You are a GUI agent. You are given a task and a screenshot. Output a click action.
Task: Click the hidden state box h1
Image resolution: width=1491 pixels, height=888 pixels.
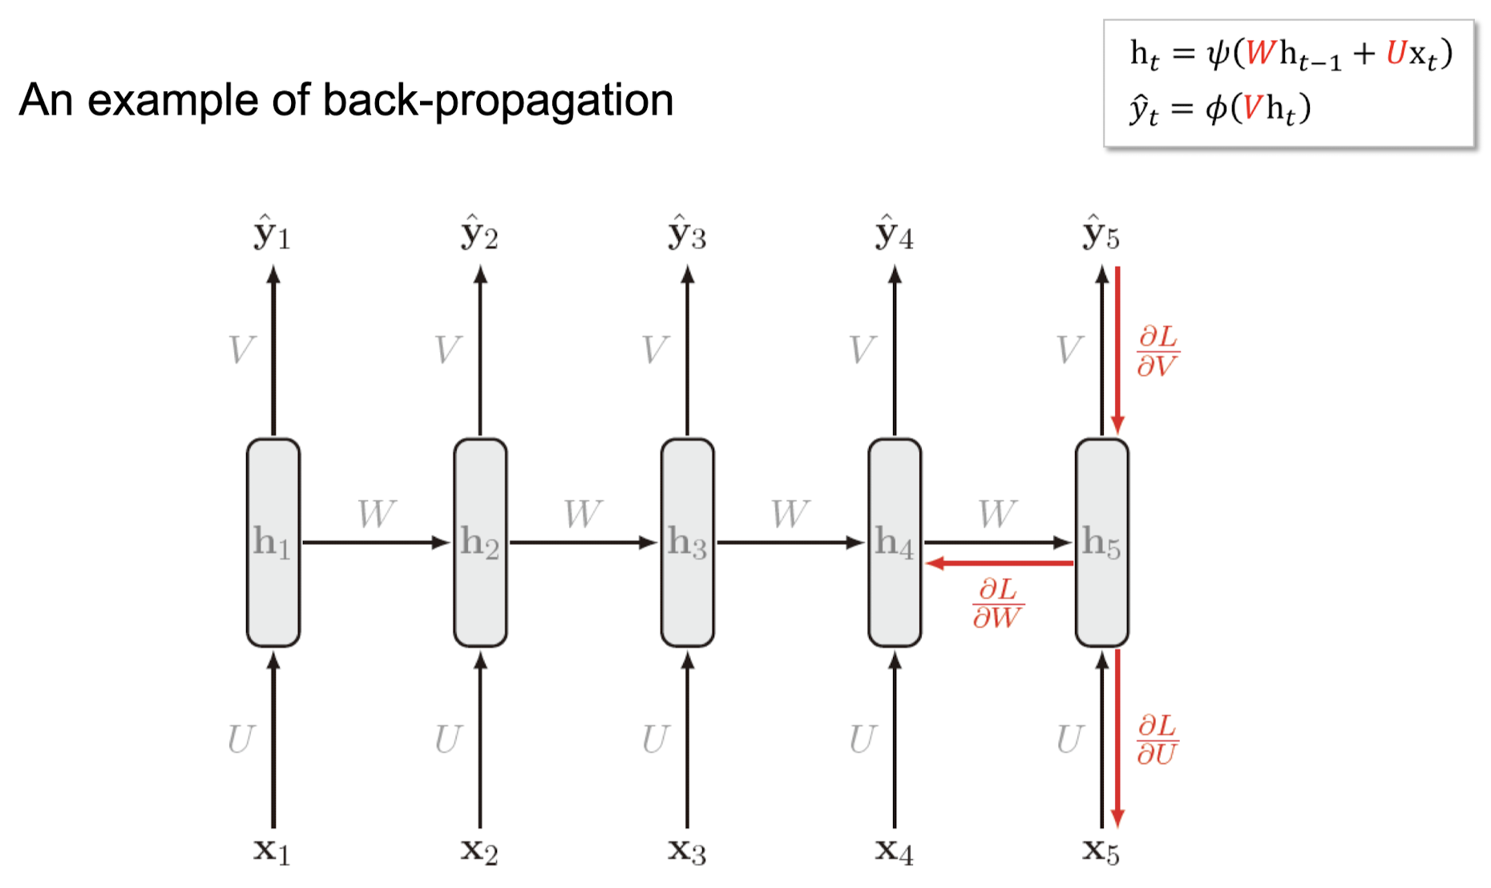(273, 542)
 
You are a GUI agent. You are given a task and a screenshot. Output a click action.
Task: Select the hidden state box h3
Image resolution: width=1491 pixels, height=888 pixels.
(687, 542)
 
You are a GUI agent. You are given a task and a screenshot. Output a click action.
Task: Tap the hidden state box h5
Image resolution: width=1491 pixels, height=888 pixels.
(1101, 542)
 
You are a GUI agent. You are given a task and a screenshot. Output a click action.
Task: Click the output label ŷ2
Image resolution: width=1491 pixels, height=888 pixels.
(479, 233)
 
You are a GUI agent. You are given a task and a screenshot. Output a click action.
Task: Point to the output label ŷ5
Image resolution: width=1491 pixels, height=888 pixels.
(1101, 233)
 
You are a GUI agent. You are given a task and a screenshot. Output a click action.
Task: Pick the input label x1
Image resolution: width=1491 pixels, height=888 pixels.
(272, 850)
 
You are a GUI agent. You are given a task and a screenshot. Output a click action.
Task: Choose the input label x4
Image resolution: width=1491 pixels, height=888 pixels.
(894, 850)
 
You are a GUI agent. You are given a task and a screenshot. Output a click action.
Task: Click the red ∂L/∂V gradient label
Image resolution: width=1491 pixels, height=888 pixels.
(1158, 351)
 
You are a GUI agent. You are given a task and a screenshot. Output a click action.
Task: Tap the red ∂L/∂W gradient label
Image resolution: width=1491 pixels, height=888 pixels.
(997, 603)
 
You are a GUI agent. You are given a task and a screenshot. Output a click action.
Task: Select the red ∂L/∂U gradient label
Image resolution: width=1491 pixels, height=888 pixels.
(1157, 740)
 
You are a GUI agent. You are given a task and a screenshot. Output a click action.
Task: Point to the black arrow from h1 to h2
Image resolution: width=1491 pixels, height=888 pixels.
(375, 543)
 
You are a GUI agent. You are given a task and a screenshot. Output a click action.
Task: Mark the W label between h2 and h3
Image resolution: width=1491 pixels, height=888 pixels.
(583, 514)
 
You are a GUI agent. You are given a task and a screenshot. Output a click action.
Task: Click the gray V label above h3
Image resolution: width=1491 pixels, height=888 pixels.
(655, 350)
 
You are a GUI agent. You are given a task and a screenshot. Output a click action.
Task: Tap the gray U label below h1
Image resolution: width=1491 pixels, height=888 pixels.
(240, 739)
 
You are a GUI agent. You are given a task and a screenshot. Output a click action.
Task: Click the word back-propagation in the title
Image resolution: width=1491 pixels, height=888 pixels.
(498, 101)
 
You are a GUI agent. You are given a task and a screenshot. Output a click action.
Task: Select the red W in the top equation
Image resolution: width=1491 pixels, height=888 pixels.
(1261, 53)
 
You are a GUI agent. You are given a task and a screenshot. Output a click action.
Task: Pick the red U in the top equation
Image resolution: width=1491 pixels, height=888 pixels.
(1396, 53)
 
